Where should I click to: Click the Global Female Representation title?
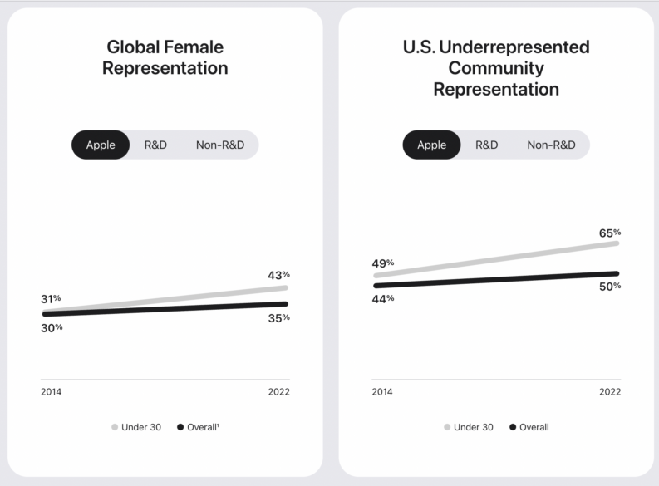tap(165, 57)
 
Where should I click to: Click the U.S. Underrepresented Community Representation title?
tap(496, 68)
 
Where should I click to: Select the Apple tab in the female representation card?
tap(101, 145)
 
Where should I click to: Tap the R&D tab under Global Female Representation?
tap(155, 145)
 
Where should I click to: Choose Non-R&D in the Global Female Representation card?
tap(220, 145)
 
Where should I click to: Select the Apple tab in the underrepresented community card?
tap(431, 145)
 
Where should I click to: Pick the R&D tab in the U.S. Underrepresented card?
tap(487, 145)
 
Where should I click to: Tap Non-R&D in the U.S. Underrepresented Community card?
tap(551, 145)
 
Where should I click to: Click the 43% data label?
tap(278, 275)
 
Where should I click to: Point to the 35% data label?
tap(278, 317)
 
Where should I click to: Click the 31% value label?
tap(51, 299)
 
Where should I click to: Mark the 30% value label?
tap(52, 327)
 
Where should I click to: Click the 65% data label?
tap(610, 233)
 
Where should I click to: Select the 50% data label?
tap(610, 287)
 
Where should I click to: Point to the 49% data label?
tap(383, 263)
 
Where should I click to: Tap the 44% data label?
tap(383, 298)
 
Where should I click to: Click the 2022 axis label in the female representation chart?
tap(278, 392)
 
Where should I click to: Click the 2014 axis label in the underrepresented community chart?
tap(382, 392)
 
